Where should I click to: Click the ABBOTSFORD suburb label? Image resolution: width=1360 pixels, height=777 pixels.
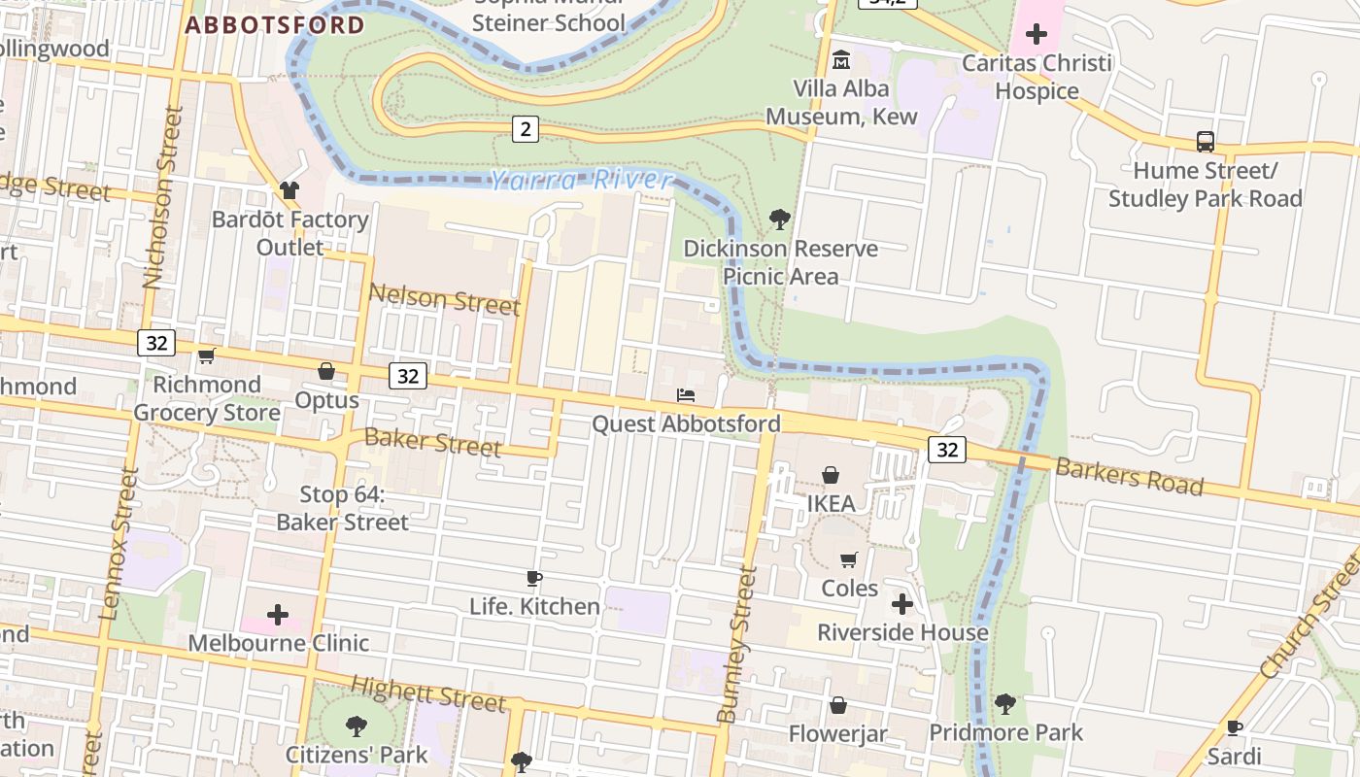pos(275,25)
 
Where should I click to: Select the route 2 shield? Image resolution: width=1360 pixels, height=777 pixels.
pos(525,128)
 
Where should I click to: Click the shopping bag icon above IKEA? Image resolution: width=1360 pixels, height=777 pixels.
pos(831,475)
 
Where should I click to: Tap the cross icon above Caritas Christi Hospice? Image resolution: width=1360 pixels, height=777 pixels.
pos(1037,35)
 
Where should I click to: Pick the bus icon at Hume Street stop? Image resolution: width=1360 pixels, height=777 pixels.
pos(1206,142)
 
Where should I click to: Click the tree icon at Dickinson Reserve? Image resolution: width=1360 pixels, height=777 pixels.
pos(779,220)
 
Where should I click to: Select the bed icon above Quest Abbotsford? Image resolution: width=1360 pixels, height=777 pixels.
pos(686,395)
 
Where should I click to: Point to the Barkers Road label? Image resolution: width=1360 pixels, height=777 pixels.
pos(1129,477)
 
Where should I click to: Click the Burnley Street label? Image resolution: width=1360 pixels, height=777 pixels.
pos(737,645)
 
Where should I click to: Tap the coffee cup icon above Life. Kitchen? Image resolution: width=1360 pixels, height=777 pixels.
pos(533,579)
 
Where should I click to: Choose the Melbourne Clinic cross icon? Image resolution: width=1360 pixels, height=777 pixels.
pos(278,615)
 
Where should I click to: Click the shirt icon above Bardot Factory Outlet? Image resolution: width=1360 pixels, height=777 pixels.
pos(289,190)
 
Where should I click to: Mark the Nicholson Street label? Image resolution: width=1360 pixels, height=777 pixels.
pos(163,197)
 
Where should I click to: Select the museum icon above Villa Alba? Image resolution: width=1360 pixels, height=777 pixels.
pos(841,60)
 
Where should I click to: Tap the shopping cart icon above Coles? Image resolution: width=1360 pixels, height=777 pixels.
pos(849,559)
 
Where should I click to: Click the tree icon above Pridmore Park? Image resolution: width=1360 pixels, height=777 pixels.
pos(1005,703)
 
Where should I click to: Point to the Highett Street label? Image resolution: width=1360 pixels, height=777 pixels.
pos(427,693)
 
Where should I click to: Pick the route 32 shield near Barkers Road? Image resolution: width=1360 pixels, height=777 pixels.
pos(946,449)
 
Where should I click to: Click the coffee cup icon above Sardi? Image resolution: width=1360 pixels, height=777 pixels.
pos(1234,727)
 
